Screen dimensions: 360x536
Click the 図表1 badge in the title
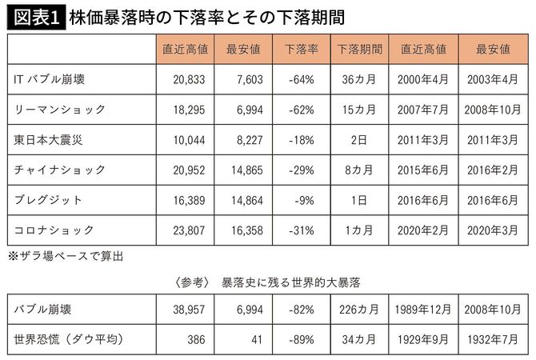[34, 17]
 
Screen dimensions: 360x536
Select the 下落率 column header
[294, 49]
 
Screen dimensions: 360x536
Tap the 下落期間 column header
[358, 49]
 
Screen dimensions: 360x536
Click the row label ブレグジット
[49, 200]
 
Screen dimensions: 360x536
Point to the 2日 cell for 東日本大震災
[358, 139]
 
